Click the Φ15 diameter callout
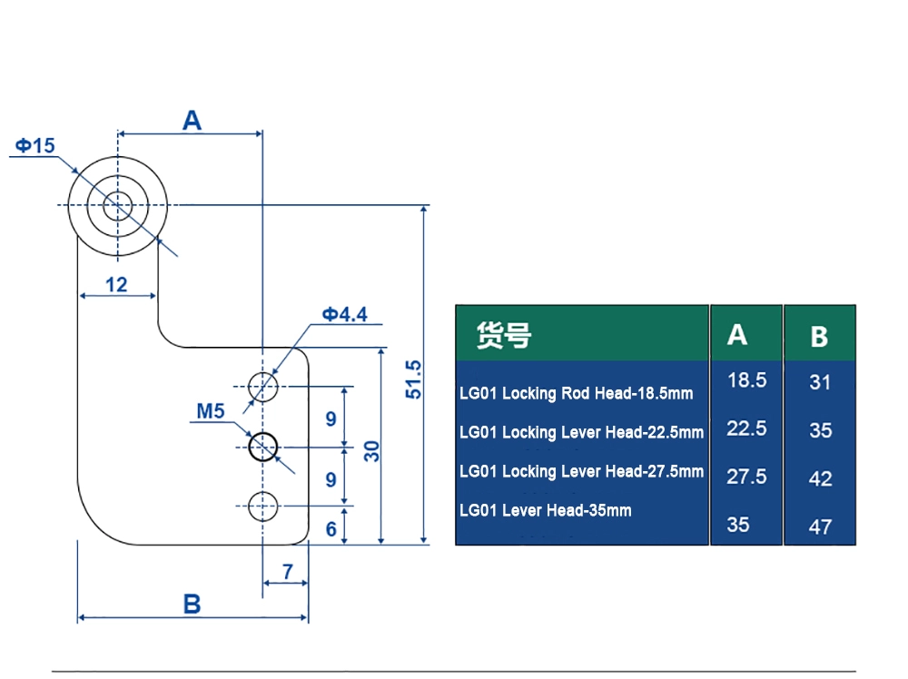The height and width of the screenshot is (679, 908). point(35,145)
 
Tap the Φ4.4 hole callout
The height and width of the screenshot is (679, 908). point(344,314)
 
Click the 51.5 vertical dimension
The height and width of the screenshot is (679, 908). point(413,379)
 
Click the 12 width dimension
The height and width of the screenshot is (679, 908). point(116,284)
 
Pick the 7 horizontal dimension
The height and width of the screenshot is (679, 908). point(287,572)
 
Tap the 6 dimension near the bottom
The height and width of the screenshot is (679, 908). point(331,528)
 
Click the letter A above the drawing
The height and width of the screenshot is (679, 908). point(192,120)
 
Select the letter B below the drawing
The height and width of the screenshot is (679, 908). point(192,604)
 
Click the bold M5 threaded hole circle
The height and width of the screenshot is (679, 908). point(262,447)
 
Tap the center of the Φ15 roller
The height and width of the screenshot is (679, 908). point(117,205)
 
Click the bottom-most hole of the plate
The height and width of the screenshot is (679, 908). point(262,506)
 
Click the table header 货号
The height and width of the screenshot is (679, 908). point(503,335)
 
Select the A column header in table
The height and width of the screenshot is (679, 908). point(737,335)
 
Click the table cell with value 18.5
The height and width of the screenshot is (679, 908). point(746,380)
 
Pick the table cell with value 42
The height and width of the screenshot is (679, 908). point(820,478)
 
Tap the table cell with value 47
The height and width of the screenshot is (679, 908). point(820,526)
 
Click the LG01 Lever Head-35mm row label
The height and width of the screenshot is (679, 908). point(545,510)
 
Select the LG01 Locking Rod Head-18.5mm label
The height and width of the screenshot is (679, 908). point(576,393)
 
